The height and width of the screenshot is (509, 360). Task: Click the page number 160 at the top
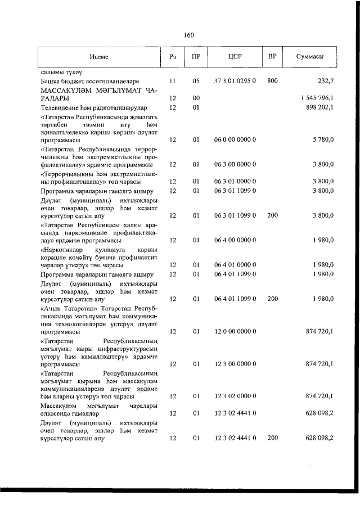click(188, 35)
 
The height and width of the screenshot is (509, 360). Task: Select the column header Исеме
click(98, 57)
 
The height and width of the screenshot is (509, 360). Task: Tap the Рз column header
click(173, 57)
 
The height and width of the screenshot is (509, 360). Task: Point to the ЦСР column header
click(235, 57)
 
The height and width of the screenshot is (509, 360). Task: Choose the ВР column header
click(272, 57)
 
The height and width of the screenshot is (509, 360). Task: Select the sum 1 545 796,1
click(317, 98)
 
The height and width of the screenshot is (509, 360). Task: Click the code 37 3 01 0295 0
click(235, 81)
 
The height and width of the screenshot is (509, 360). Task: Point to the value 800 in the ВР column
click(272, 81)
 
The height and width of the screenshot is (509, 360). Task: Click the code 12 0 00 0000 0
click(235, 332)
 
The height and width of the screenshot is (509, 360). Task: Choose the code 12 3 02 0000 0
click(235, 396)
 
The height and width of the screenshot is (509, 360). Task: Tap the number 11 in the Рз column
click(173, 81)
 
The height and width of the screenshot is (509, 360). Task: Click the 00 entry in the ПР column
click(196, 98)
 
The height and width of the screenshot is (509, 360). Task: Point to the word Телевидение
click(61, 107)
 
